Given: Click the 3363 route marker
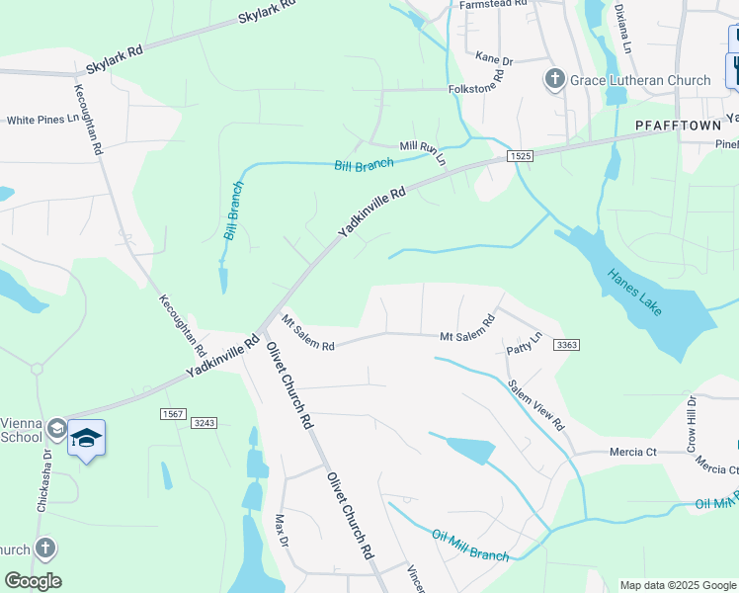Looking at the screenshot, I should coord(566,345).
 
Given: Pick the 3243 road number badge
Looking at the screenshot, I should coord(204,422).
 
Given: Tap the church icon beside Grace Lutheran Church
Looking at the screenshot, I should coord(555,79).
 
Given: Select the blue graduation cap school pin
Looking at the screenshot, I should coord(86,438).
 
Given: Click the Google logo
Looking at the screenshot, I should coord(33,581).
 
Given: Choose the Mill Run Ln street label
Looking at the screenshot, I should coord(423,152).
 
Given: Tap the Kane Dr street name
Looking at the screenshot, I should coord(494,60).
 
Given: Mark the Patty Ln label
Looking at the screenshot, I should coord(525,345).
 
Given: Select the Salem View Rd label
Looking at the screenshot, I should coord(536,405).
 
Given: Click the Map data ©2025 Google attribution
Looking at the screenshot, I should coord(676,584).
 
